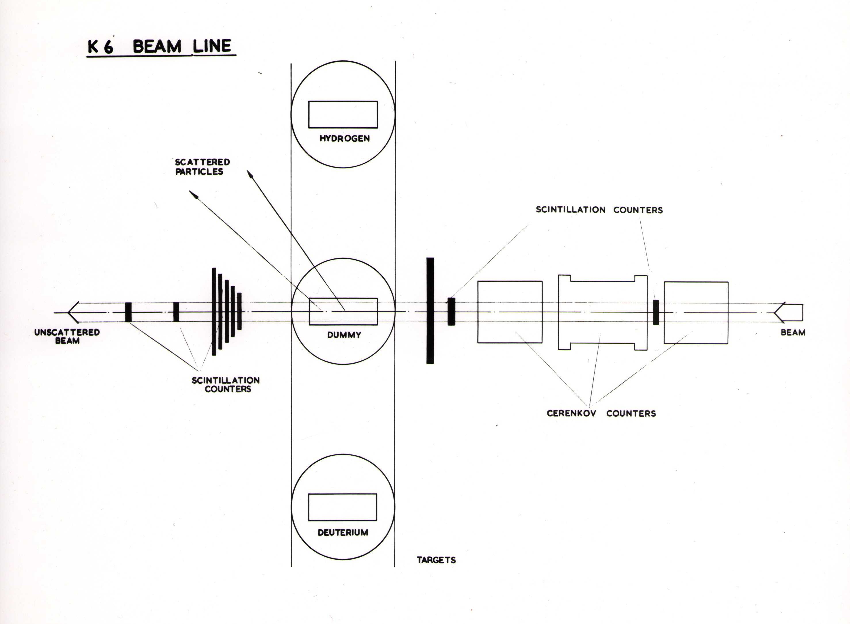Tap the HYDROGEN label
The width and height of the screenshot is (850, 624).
point(344,139)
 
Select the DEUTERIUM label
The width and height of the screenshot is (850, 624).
point(343,533)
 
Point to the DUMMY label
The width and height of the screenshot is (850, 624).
point(344,335)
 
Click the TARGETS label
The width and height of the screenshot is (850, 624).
point(436,560)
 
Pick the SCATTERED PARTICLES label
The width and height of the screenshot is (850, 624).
point(202,167)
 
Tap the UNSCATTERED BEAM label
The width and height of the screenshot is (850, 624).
point(67,336)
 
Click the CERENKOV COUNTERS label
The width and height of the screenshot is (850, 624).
point(601,413)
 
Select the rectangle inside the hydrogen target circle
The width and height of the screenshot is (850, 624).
point(343,114)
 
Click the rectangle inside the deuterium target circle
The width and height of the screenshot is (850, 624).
point(342,507)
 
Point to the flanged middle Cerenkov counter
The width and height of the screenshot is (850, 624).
point(602,313)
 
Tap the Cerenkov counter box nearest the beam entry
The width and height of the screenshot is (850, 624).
point(696,313)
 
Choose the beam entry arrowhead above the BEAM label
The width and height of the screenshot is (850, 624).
point(779,312)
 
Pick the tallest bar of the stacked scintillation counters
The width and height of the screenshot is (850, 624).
point(214,312)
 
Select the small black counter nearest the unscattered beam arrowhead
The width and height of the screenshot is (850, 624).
point(128,312)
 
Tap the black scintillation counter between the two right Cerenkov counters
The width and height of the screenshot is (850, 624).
point(656,312)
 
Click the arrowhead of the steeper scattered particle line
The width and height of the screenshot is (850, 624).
point(250,174)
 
